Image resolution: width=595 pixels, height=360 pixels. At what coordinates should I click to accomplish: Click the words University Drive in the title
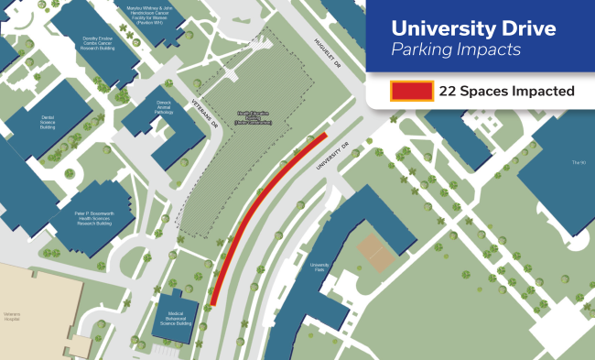473,28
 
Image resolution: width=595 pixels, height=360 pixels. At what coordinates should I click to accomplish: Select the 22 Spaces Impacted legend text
506,91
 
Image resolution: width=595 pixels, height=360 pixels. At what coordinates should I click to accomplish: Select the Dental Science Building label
49,122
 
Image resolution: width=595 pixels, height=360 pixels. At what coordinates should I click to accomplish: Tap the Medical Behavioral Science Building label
177,319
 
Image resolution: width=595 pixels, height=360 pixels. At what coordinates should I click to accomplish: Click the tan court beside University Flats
373,247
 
